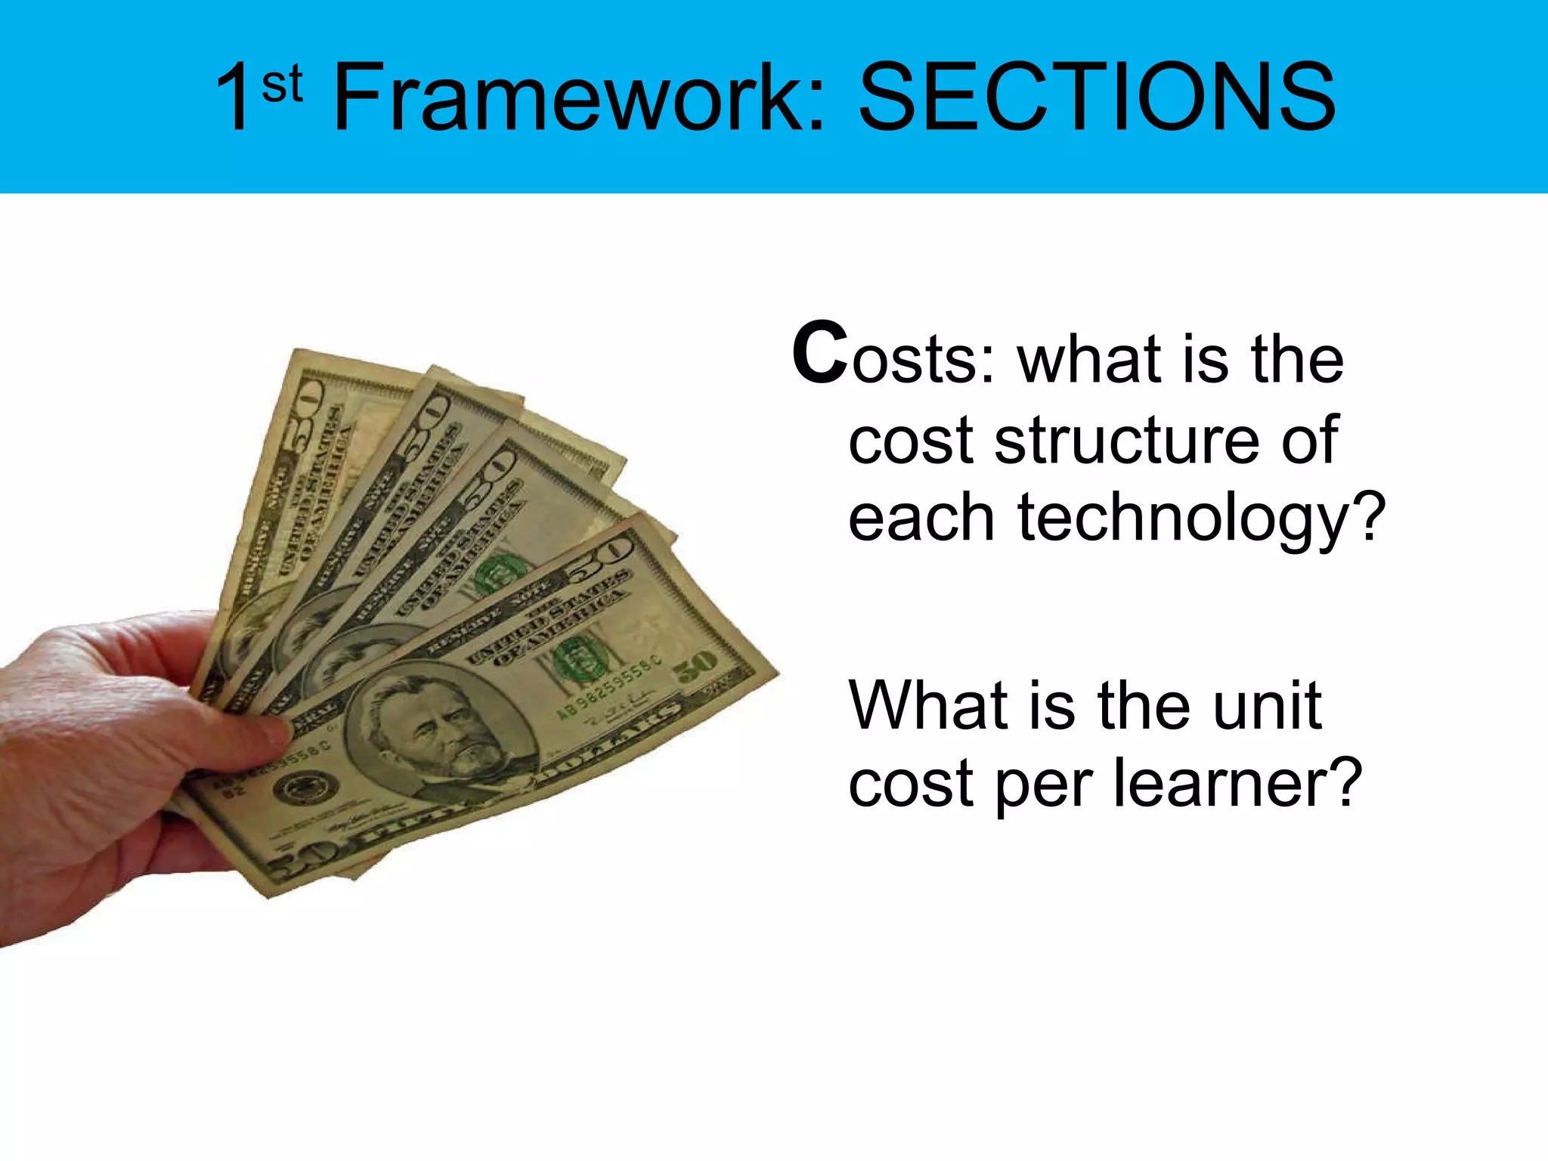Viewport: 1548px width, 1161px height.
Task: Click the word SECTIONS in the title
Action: click(1097, 98)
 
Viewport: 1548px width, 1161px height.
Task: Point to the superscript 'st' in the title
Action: click(283, 84)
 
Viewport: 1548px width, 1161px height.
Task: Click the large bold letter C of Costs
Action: click(819, 354)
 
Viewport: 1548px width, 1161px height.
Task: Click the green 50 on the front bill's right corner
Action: click(695, 665)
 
